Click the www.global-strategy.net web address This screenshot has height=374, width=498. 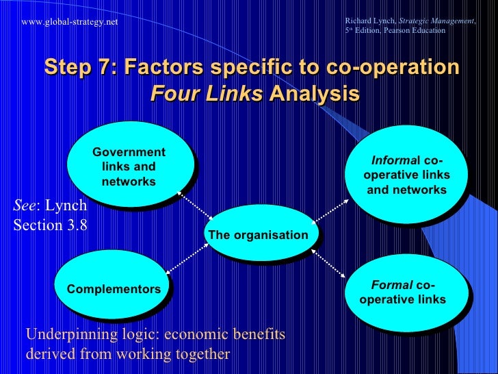click(70, 22)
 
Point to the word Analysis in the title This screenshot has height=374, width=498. click(314, 92)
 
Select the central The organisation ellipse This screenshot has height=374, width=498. click(258, 235)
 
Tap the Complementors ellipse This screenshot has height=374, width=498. click(114, 289)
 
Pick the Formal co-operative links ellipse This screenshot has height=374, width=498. click(408, 292)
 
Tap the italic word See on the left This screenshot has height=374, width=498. click(25, 205)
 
